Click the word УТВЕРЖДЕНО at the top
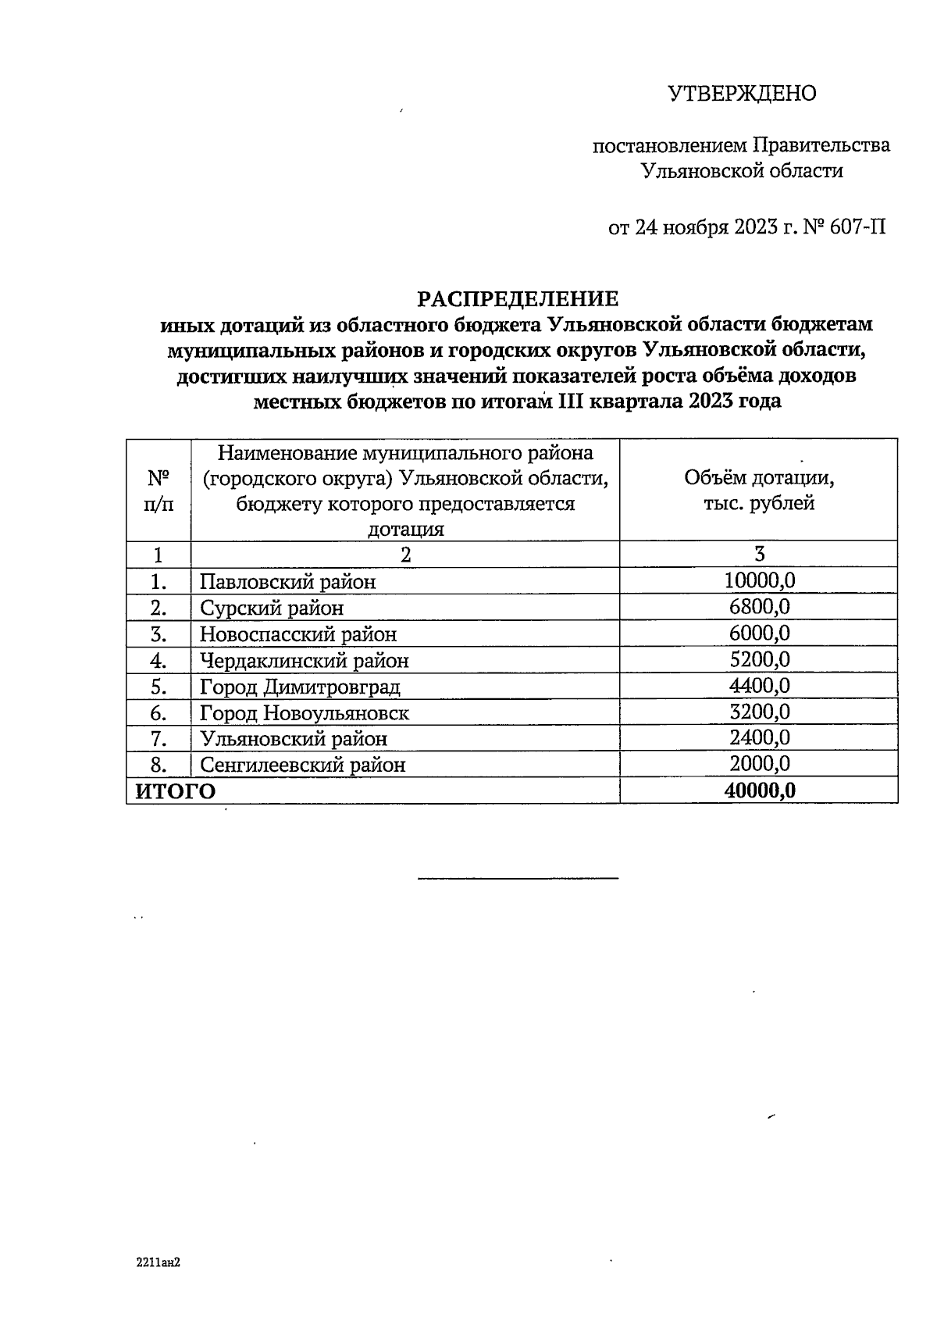click(x=742, y=94)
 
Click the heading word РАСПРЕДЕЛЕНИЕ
click(x=518, y=299)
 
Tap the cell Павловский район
click(x=287, y=582)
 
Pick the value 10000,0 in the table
click(x=759, y=580)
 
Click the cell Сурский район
click(x=271, y=608)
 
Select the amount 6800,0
click(x=759, y=607)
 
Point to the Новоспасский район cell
click(x=297, y=634)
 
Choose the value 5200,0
click(x=759, y=660)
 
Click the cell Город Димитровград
click(x=300, y=687)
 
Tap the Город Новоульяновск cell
click(x=304, y=713)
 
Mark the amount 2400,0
click(x=759, y=738)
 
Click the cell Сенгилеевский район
click(x=302, y=765)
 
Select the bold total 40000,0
click(x=759, y=790)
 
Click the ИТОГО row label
click(x=176, y=791)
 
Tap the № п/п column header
click(x=159, y=491)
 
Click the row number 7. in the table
click(x=159, y=739)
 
